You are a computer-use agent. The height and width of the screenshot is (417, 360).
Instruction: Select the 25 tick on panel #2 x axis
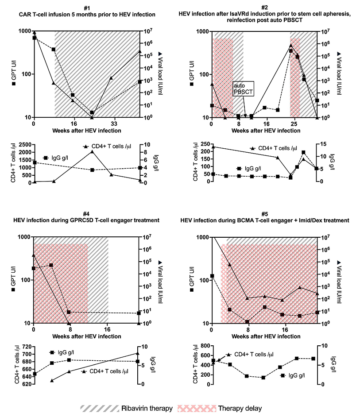pos(290,124)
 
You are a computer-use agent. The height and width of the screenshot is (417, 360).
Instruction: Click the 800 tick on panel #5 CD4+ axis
pos(203,346)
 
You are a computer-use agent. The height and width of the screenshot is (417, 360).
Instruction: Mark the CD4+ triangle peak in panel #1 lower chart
pos(92,152)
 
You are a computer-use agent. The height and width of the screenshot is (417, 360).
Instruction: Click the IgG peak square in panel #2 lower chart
pos(303,153)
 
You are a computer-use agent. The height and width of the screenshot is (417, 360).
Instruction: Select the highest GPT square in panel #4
pos(51,265)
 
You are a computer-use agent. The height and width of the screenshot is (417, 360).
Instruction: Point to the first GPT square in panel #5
pos(213,276)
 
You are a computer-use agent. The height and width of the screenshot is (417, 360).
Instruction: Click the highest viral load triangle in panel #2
pos(290,45)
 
